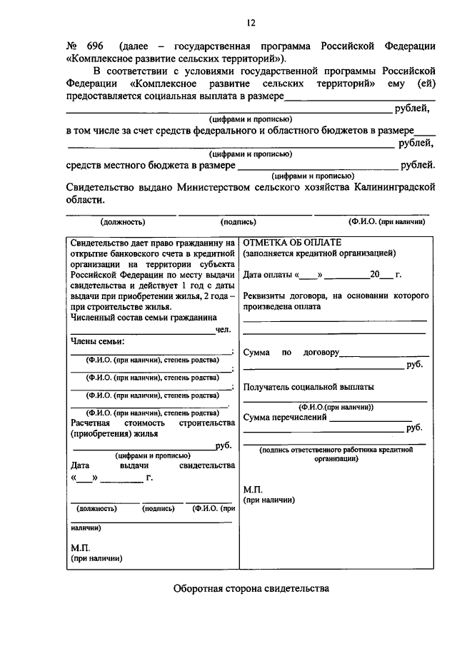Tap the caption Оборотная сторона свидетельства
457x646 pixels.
[251, 590]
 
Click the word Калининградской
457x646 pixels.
[393, 187]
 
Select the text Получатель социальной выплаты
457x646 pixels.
[308, 387]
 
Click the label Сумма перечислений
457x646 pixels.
[285, 417]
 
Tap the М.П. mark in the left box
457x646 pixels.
[79, 547]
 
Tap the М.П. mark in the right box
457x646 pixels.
[252, 490]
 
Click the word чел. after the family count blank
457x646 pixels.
[224, 330]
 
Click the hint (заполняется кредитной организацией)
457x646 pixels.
[318, 253]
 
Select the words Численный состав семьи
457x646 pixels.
[126, 318]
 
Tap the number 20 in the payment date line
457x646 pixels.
[375, 275]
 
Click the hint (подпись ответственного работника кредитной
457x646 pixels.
[336, 450]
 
